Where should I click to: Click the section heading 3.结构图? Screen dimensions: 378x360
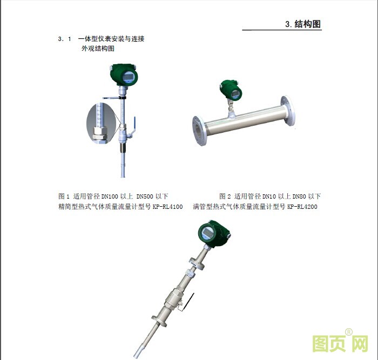303,24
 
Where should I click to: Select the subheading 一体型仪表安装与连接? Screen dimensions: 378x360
111,39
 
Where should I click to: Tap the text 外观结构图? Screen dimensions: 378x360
98,49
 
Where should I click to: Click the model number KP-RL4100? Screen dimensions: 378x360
167,207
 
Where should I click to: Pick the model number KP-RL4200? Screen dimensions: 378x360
302,207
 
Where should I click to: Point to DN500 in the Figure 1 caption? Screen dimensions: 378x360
145,196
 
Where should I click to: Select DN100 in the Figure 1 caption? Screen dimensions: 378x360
110,196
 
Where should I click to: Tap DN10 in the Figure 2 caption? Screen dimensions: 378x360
269,196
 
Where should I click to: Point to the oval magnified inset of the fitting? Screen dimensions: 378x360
102,124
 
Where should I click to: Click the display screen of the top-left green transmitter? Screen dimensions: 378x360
128,77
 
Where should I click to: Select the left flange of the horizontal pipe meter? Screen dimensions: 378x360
199,131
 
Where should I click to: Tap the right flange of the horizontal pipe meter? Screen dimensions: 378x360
288,110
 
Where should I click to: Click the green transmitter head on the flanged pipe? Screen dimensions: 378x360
231,90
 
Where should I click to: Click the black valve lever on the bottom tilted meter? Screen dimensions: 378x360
188,301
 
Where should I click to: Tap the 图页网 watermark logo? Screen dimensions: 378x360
340,343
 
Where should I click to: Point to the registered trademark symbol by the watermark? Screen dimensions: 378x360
349,332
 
